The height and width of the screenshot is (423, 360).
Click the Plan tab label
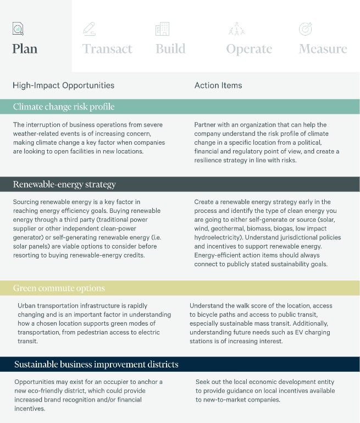pos(25,48)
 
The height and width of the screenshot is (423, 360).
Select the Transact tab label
pos(107,49)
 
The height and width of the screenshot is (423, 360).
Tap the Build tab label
pos(170,48)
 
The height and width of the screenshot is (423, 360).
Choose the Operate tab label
pos(249,49)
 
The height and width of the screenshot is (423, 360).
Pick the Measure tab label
pos(323,48)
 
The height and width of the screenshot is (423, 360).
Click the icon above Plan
pos(18,29)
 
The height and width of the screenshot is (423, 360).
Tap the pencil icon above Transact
pos(88,29)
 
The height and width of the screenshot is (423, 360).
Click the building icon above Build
pos(162,29)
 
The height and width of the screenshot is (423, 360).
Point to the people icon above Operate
pos(236,29)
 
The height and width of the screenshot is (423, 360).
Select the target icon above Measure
pos(305,29)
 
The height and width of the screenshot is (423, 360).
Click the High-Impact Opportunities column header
pos(63,85)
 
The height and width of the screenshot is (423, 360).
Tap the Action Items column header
pos(218,85)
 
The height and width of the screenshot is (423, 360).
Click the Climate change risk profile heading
pos(64,107)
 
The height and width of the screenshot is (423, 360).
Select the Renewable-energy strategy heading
pos(64,184)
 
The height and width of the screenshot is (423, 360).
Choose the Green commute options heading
pos(59,288)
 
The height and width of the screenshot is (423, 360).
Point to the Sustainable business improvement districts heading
pos(96,364)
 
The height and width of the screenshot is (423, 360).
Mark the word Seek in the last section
pos(203,382)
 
